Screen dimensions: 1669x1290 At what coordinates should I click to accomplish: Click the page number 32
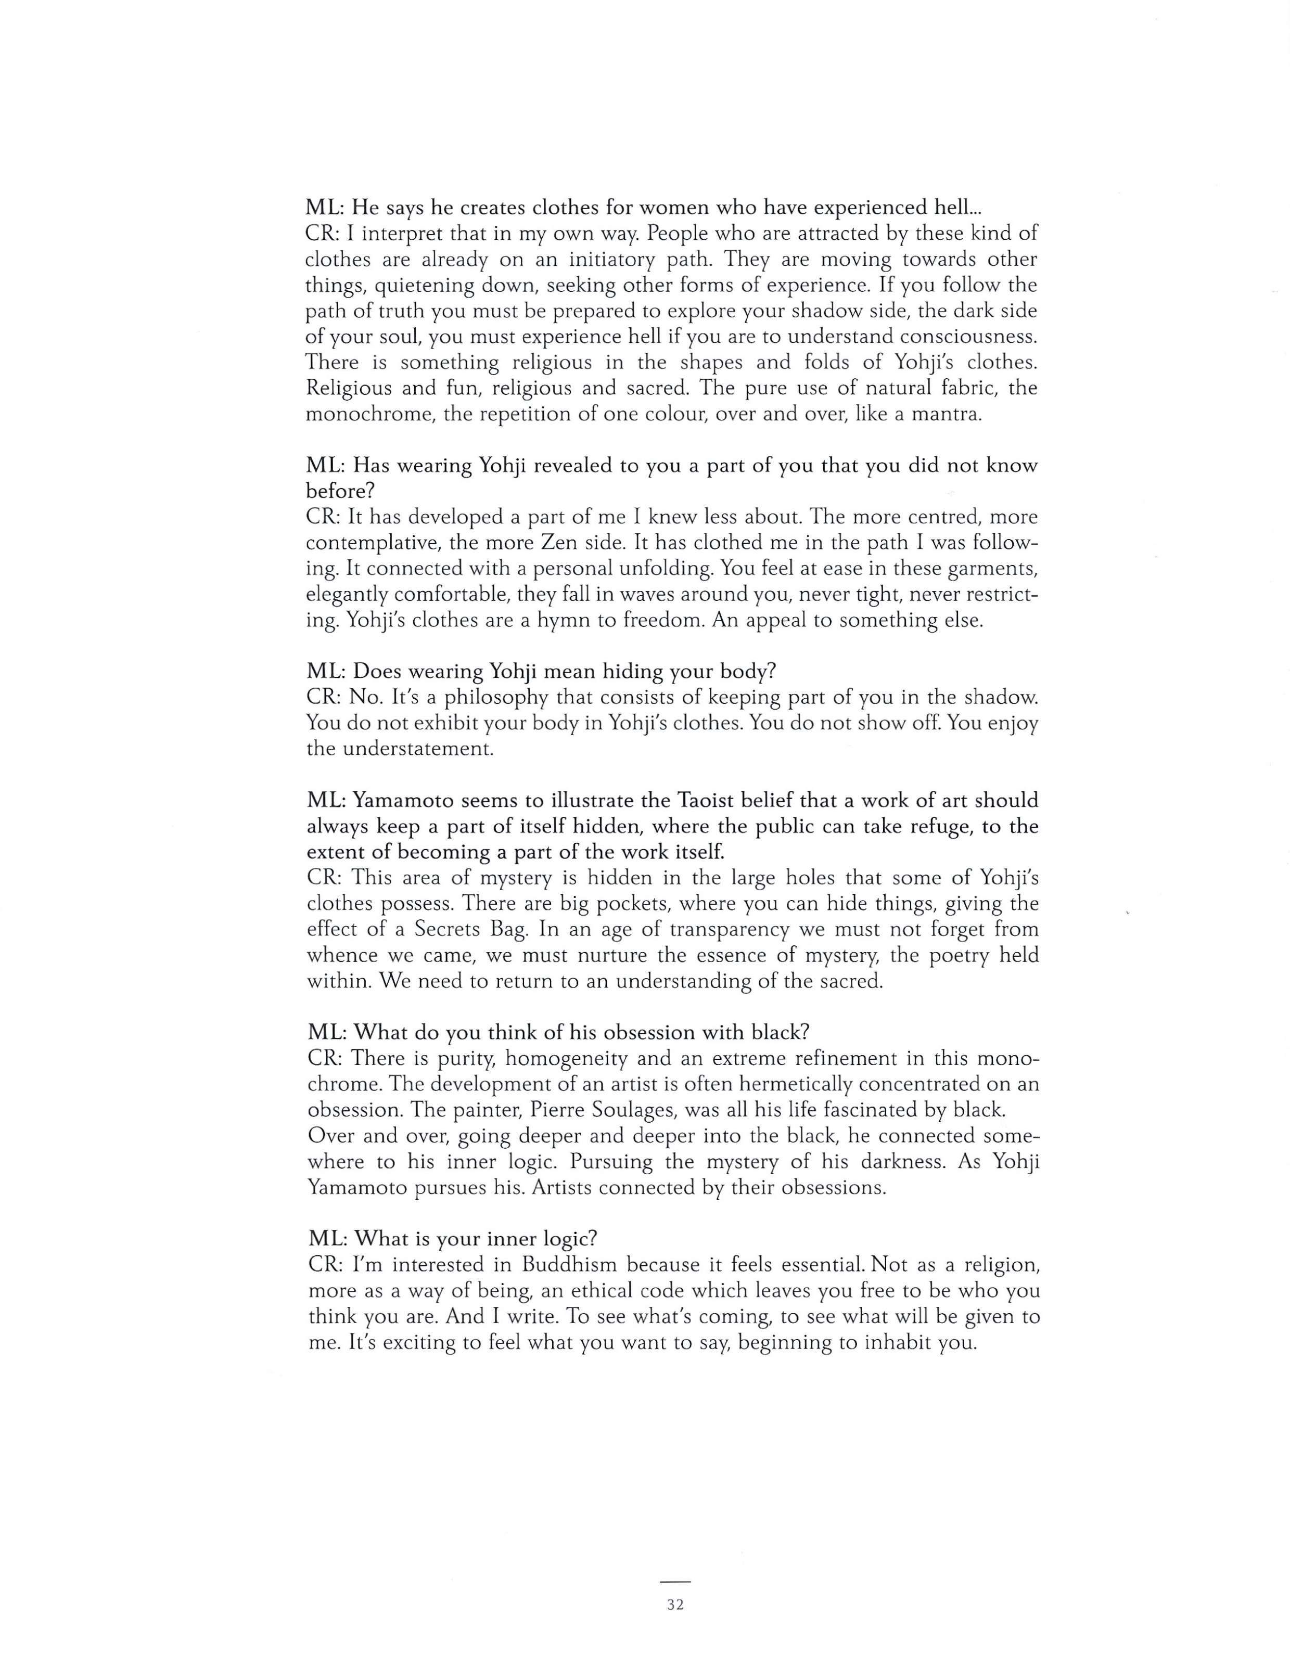[675, 1605]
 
